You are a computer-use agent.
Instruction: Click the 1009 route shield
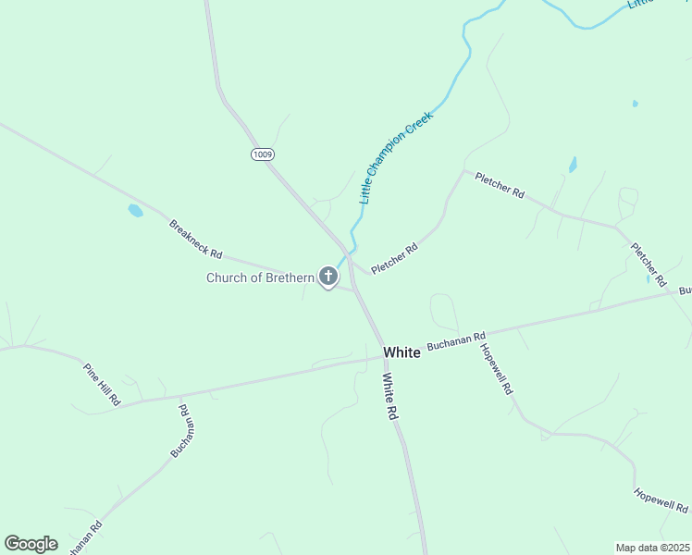262,154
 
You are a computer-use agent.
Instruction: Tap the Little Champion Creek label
396,158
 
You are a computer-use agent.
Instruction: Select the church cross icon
327,276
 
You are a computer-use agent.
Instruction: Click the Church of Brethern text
260,277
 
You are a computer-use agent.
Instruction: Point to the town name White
402,352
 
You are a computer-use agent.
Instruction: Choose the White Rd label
390,397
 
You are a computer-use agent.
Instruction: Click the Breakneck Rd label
195,239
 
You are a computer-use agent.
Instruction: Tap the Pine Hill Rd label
102,384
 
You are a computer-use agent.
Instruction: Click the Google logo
31,543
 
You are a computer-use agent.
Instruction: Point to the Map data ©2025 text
653,548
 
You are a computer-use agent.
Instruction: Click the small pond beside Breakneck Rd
135,211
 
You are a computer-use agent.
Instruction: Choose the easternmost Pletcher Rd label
649,263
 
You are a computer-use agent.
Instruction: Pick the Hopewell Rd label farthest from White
661,499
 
